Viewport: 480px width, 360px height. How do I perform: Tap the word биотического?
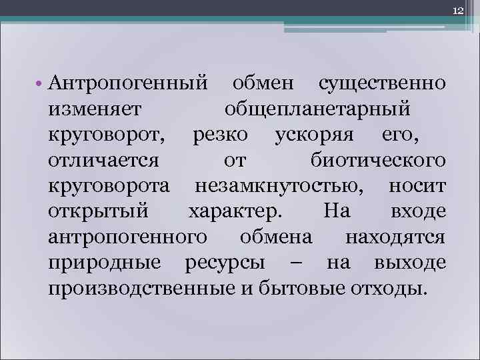[378, 161]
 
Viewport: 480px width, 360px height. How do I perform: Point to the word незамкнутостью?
[278, 186]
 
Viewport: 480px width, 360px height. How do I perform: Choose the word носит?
[417, 186]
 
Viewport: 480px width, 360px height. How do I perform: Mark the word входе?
[417, 212]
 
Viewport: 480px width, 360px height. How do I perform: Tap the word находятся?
[395, 237]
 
